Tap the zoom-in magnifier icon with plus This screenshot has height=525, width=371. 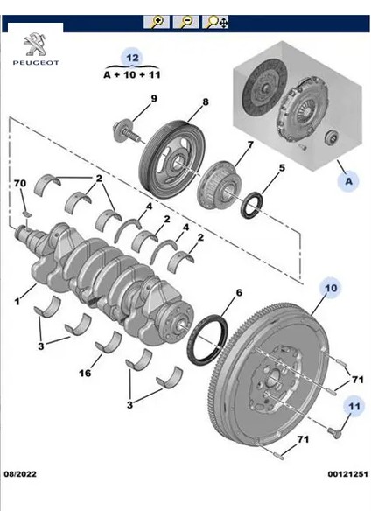(x=157, y=22)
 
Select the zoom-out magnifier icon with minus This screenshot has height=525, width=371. (x=185, y=22)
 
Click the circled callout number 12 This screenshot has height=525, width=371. (x=132, y=59)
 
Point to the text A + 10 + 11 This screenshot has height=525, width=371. (x=132, y=75)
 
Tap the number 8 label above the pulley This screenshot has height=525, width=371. (x=206, y=102)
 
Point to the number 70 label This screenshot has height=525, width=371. (x=20, y=184)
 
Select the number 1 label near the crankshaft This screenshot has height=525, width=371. (x=17, y=302)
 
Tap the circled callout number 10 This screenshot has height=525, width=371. (x=332, y=288)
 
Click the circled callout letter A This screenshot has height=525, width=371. (x=349, y=181)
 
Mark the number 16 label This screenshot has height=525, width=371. (x=86, y=373)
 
